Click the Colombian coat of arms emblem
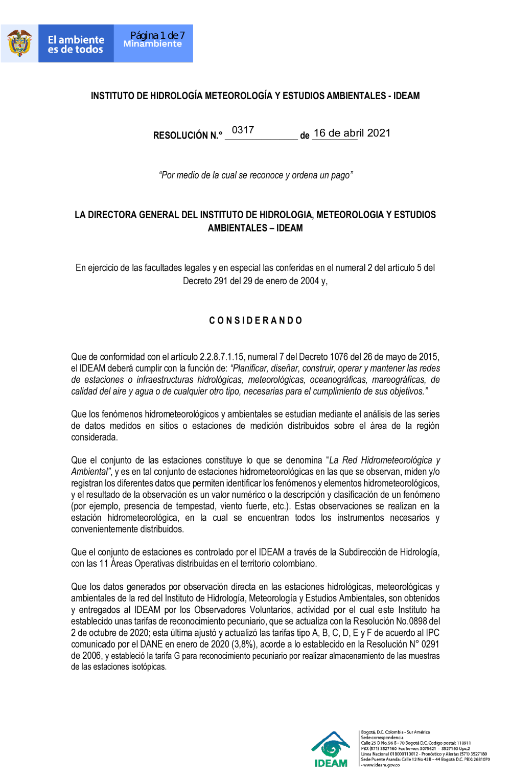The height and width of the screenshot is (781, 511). [x=19, y=43]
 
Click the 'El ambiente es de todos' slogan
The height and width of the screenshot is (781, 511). [x=76, y=44]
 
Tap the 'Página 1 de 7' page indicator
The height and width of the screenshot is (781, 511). [x=157, y=35]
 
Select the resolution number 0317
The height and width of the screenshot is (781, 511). [x=243, y=130]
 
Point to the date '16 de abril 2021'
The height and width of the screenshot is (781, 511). [x=352, y=133]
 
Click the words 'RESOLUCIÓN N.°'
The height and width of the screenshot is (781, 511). [x=188, y=135]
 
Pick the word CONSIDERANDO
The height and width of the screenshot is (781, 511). [x=255, y=320]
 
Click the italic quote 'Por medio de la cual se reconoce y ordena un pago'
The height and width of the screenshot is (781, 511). [x=255, y=175]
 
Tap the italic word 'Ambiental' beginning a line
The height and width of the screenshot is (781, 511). [x=90, y=472]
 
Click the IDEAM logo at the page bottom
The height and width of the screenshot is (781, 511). [x=331, y=749]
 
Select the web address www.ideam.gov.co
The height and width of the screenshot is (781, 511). [x=381, y=765]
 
